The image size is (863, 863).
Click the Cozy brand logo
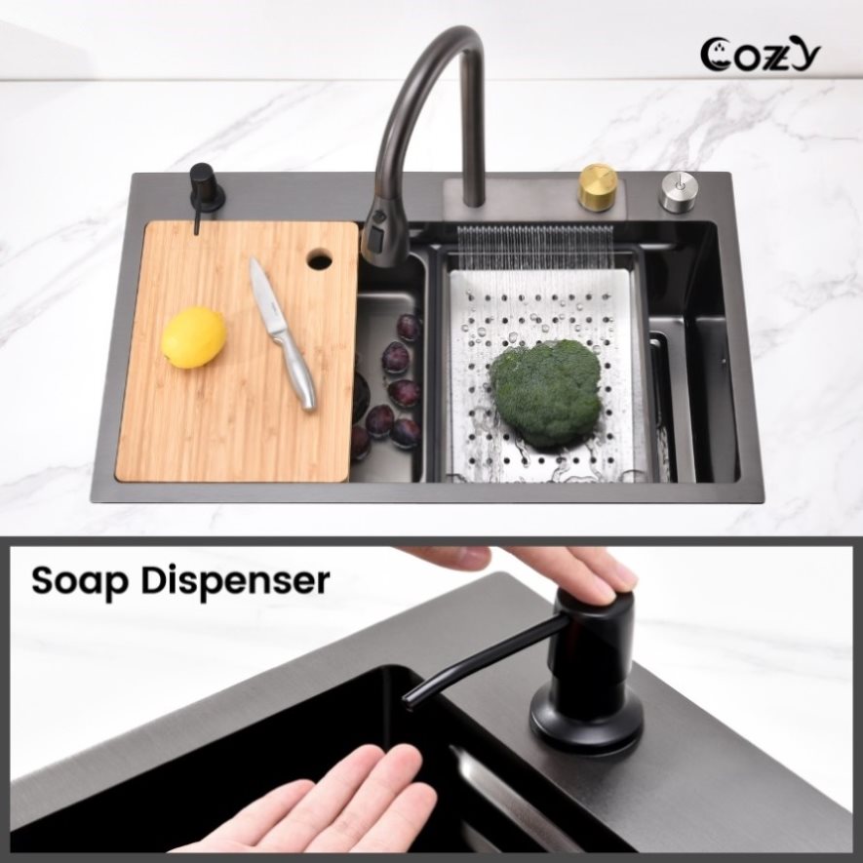tap(761, 54)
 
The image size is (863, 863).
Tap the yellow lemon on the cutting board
tap(194, 336)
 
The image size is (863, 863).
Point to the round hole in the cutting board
tap(319, 258)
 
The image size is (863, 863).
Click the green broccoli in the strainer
tap(545, 391)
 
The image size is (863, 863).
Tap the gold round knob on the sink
tap(597, 187)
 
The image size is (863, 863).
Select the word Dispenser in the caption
tap(235, 580)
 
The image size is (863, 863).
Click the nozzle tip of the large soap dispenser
tap(408, 700)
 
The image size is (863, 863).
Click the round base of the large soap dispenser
tap(586, 716)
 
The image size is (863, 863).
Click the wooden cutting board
tap(238, 351)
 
